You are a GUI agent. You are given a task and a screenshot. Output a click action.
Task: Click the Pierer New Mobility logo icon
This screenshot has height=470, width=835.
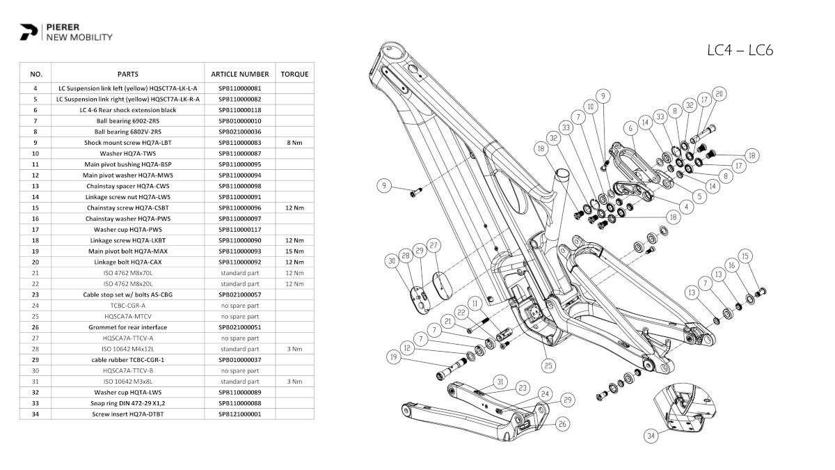point(29,32)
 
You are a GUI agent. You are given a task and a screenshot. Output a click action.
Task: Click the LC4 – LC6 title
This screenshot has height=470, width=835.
point(740,50)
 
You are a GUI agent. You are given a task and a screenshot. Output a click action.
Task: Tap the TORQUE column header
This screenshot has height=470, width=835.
point(294,74)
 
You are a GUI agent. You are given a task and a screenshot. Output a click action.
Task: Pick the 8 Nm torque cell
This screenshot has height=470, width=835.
point(294,143)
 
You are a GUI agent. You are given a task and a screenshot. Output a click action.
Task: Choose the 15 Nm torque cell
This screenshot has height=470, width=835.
point(294,251)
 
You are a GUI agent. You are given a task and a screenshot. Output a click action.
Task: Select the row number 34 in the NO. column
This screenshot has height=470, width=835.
point(35,414)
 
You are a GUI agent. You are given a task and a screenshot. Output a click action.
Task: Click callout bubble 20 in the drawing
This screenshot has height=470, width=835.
point(719,93)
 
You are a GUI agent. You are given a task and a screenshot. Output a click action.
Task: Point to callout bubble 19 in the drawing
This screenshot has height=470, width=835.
point(395,359)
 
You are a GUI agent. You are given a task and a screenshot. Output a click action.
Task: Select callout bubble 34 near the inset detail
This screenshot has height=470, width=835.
point(651,436)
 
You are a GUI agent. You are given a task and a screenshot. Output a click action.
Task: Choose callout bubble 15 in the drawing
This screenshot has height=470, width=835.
point(745,256)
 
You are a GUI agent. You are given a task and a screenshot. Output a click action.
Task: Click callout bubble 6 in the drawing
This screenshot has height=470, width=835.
point(630,128)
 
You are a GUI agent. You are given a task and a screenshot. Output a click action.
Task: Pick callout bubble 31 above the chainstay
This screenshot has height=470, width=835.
point(500,382)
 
